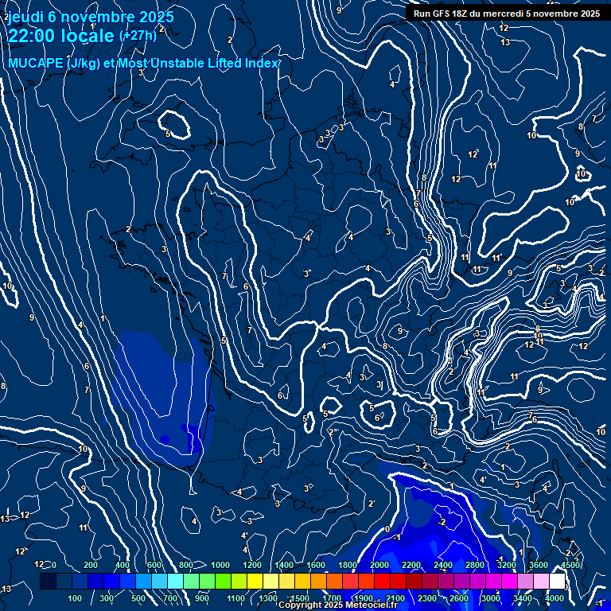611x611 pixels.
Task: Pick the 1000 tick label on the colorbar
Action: tap(220, 565)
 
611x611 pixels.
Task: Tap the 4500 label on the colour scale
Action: tap(570, 565)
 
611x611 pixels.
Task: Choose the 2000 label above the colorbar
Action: tap(379, 565)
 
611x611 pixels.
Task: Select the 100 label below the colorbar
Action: tap(76, 598)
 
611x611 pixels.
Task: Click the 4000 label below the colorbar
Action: tap(555, 598)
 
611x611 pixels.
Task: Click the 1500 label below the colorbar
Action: tap(299, 598)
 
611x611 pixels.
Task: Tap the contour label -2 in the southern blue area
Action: tap(442, 522)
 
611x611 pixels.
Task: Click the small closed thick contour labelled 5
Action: tap(174, 125)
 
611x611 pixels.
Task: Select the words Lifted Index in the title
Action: tap(239, 64)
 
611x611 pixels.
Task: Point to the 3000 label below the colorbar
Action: tap(491, 598)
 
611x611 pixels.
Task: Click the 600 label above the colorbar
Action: tap(154, 565)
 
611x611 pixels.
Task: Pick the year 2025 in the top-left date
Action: tap(155, 17)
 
